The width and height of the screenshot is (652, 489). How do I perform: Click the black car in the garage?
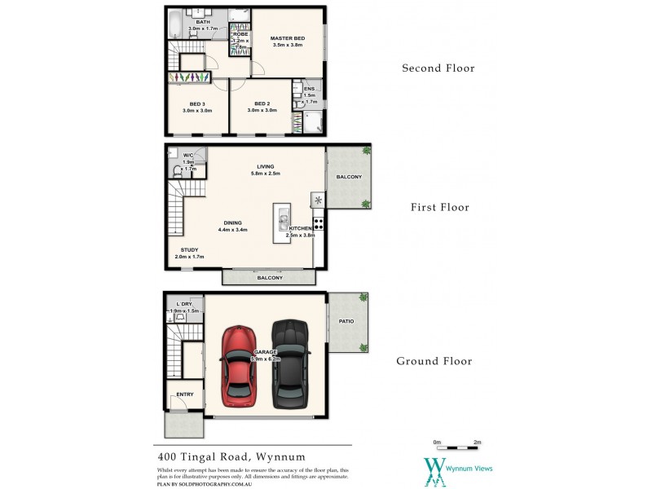pos(291,365)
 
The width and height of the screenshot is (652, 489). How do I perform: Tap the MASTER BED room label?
pos(288,38)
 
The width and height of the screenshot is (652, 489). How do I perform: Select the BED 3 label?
pos(196,104)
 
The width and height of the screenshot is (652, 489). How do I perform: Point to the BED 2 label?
pos(262,104)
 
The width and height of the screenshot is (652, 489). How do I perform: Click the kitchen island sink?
pos(282,218)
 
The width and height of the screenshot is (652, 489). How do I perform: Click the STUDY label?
pos(188,250)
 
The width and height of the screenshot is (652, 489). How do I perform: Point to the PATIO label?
pos(346,321)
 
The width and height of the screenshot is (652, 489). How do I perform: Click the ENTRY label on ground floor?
pos(185,394)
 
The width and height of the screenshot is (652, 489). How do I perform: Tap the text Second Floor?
pos(438,68)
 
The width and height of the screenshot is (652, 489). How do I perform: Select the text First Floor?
pos(439,207)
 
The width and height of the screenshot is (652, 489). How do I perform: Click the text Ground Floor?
pos(434,361)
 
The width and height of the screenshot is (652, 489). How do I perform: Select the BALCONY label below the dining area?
pos(270,278)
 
